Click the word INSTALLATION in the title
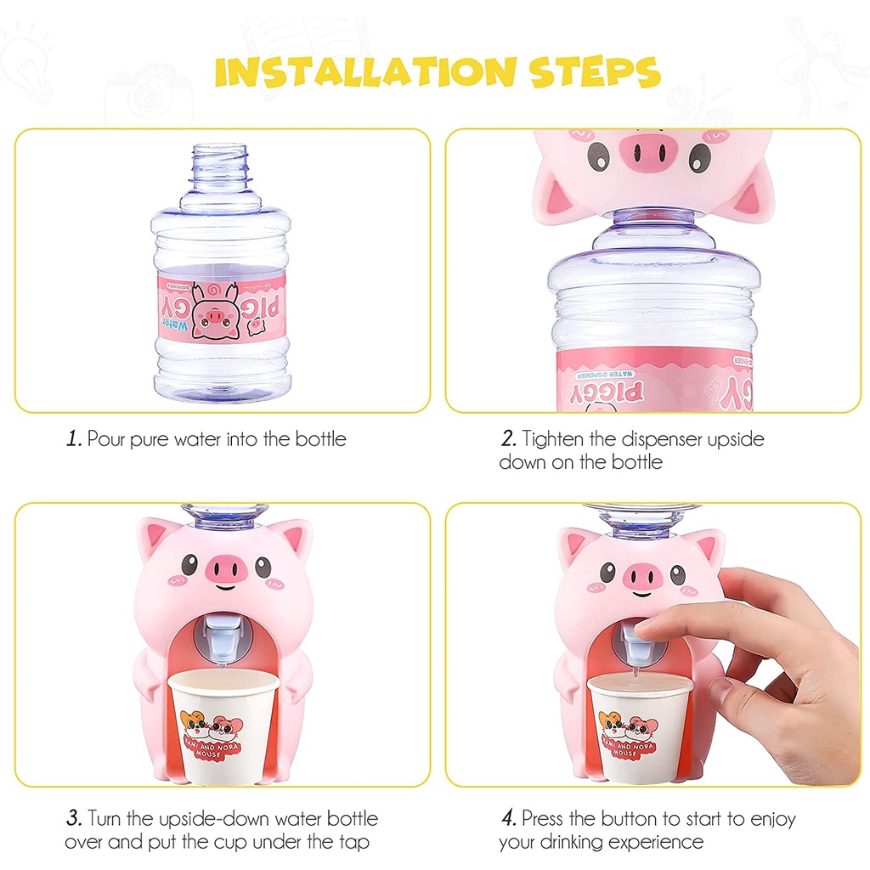pos(365,72)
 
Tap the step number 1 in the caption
pos(74,439)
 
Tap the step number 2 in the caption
pos(508,439)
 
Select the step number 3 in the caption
pos(74,819)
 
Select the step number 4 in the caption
pos(508,819)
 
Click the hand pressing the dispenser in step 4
pos(765,654)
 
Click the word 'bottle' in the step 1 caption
pos(320,439)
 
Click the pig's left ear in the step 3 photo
pos(159,540)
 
